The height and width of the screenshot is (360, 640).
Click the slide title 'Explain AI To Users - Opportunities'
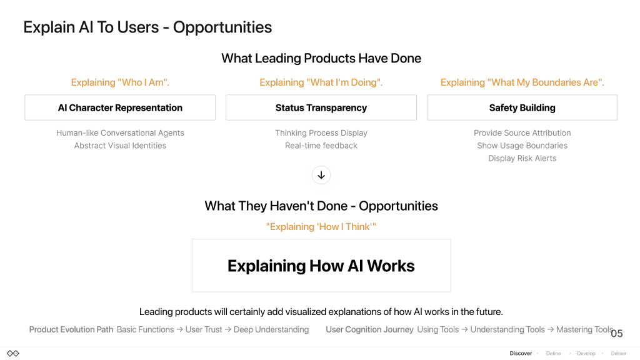click(x=147, y=27)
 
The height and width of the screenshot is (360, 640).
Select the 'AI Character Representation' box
click(x=120, y=107)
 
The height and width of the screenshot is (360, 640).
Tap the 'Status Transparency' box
click(x=321, y=107)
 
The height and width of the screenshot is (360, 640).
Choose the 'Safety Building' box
click(x=522, y=107)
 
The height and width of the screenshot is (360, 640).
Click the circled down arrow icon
click(x=321, y=175)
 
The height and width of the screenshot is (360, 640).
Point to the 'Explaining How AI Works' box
click(x=321, y=265)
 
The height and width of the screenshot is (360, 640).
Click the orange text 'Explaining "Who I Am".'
click(x=120, y=82)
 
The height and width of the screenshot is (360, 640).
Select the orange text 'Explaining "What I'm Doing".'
click(x=321, y=82)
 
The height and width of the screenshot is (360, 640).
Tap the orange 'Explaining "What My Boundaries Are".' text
click(x=522, y=82)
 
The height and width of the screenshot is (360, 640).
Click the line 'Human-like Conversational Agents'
click(x=120, y=133)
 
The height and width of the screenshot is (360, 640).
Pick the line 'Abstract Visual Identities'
click(x=120, y=146)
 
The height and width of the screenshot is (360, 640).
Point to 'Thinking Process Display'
click(x=321, y=133)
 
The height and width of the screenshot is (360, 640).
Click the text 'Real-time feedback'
click(x=321, y=146)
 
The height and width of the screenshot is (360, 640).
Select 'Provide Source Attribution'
click(x=522, y=133)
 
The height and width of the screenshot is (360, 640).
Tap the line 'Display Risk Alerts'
click(x=522, y=158)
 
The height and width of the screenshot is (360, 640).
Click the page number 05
click(x=617, y=334)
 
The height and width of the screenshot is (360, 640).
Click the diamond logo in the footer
click(x=13, y=354)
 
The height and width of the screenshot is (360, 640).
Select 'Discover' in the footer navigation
click(x=521, y=354)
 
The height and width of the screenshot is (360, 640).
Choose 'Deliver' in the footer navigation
click(x=619, y=354)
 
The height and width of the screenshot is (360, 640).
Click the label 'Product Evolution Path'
click(x=71, y=330)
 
